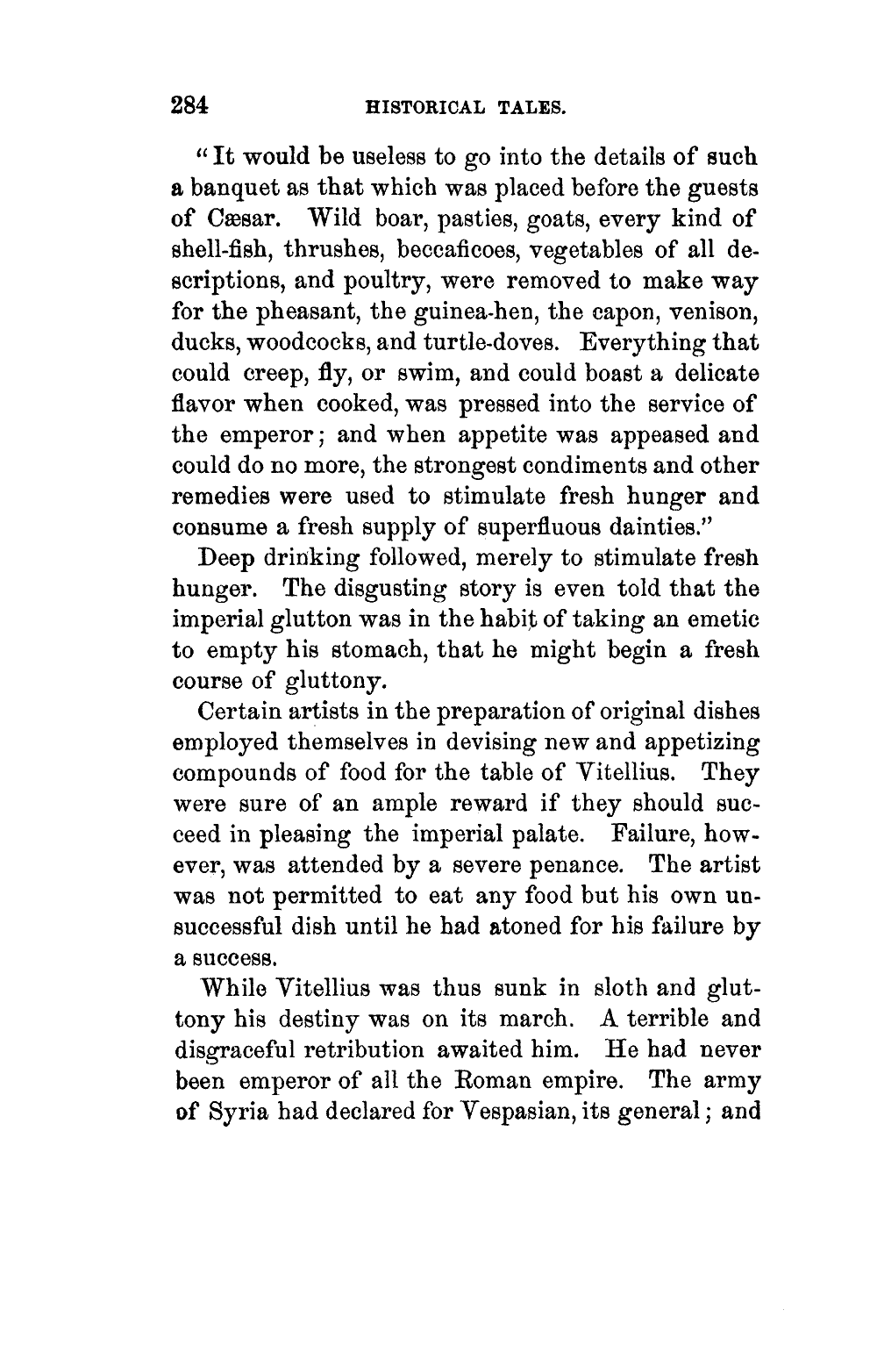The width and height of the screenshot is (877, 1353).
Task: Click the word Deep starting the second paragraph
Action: (x=230, y=557)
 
